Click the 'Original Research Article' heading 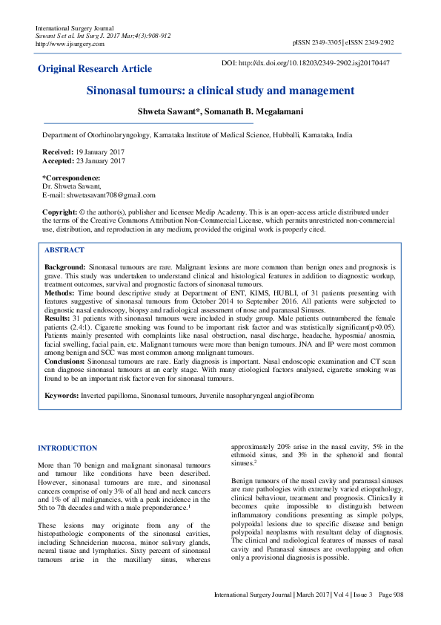click(95, 69)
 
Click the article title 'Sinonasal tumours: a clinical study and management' click(220, 91)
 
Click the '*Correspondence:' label click(71, 178)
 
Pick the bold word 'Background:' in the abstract click(65, 266)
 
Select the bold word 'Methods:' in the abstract click(61, 293)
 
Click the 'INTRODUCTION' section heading click(67, 448)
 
